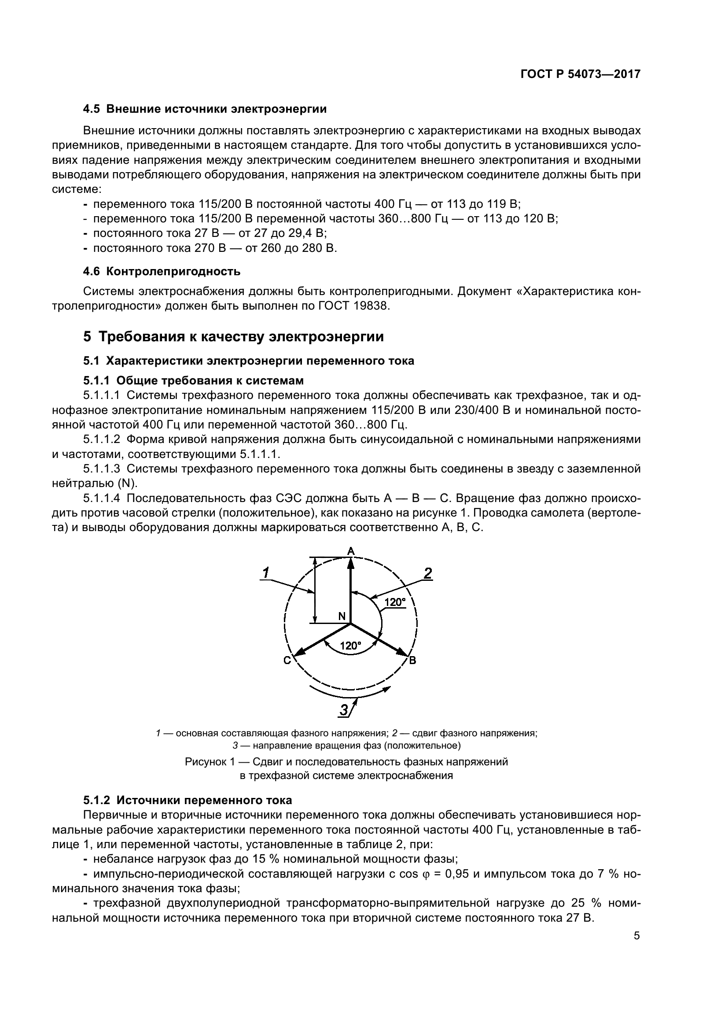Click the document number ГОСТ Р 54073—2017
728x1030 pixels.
580,74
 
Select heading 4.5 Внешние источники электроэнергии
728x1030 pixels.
205,109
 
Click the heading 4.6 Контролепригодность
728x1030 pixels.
162,271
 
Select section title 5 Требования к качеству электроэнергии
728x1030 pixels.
233,336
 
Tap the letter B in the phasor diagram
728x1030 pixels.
413,661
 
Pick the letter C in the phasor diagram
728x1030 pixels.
287,661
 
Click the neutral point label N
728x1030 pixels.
342,617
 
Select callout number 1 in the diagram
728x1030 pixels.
265,573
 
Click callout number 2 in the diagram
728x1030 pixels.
428,573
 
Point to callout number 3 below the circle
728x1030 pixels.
344,710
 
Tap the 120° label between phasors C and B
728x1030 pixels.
350,646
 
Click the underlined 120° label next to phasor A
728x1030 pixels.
395,602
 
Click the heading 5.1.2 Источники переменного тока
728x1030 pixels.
188,800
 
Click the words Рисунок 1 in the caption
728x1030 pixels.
210,762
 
